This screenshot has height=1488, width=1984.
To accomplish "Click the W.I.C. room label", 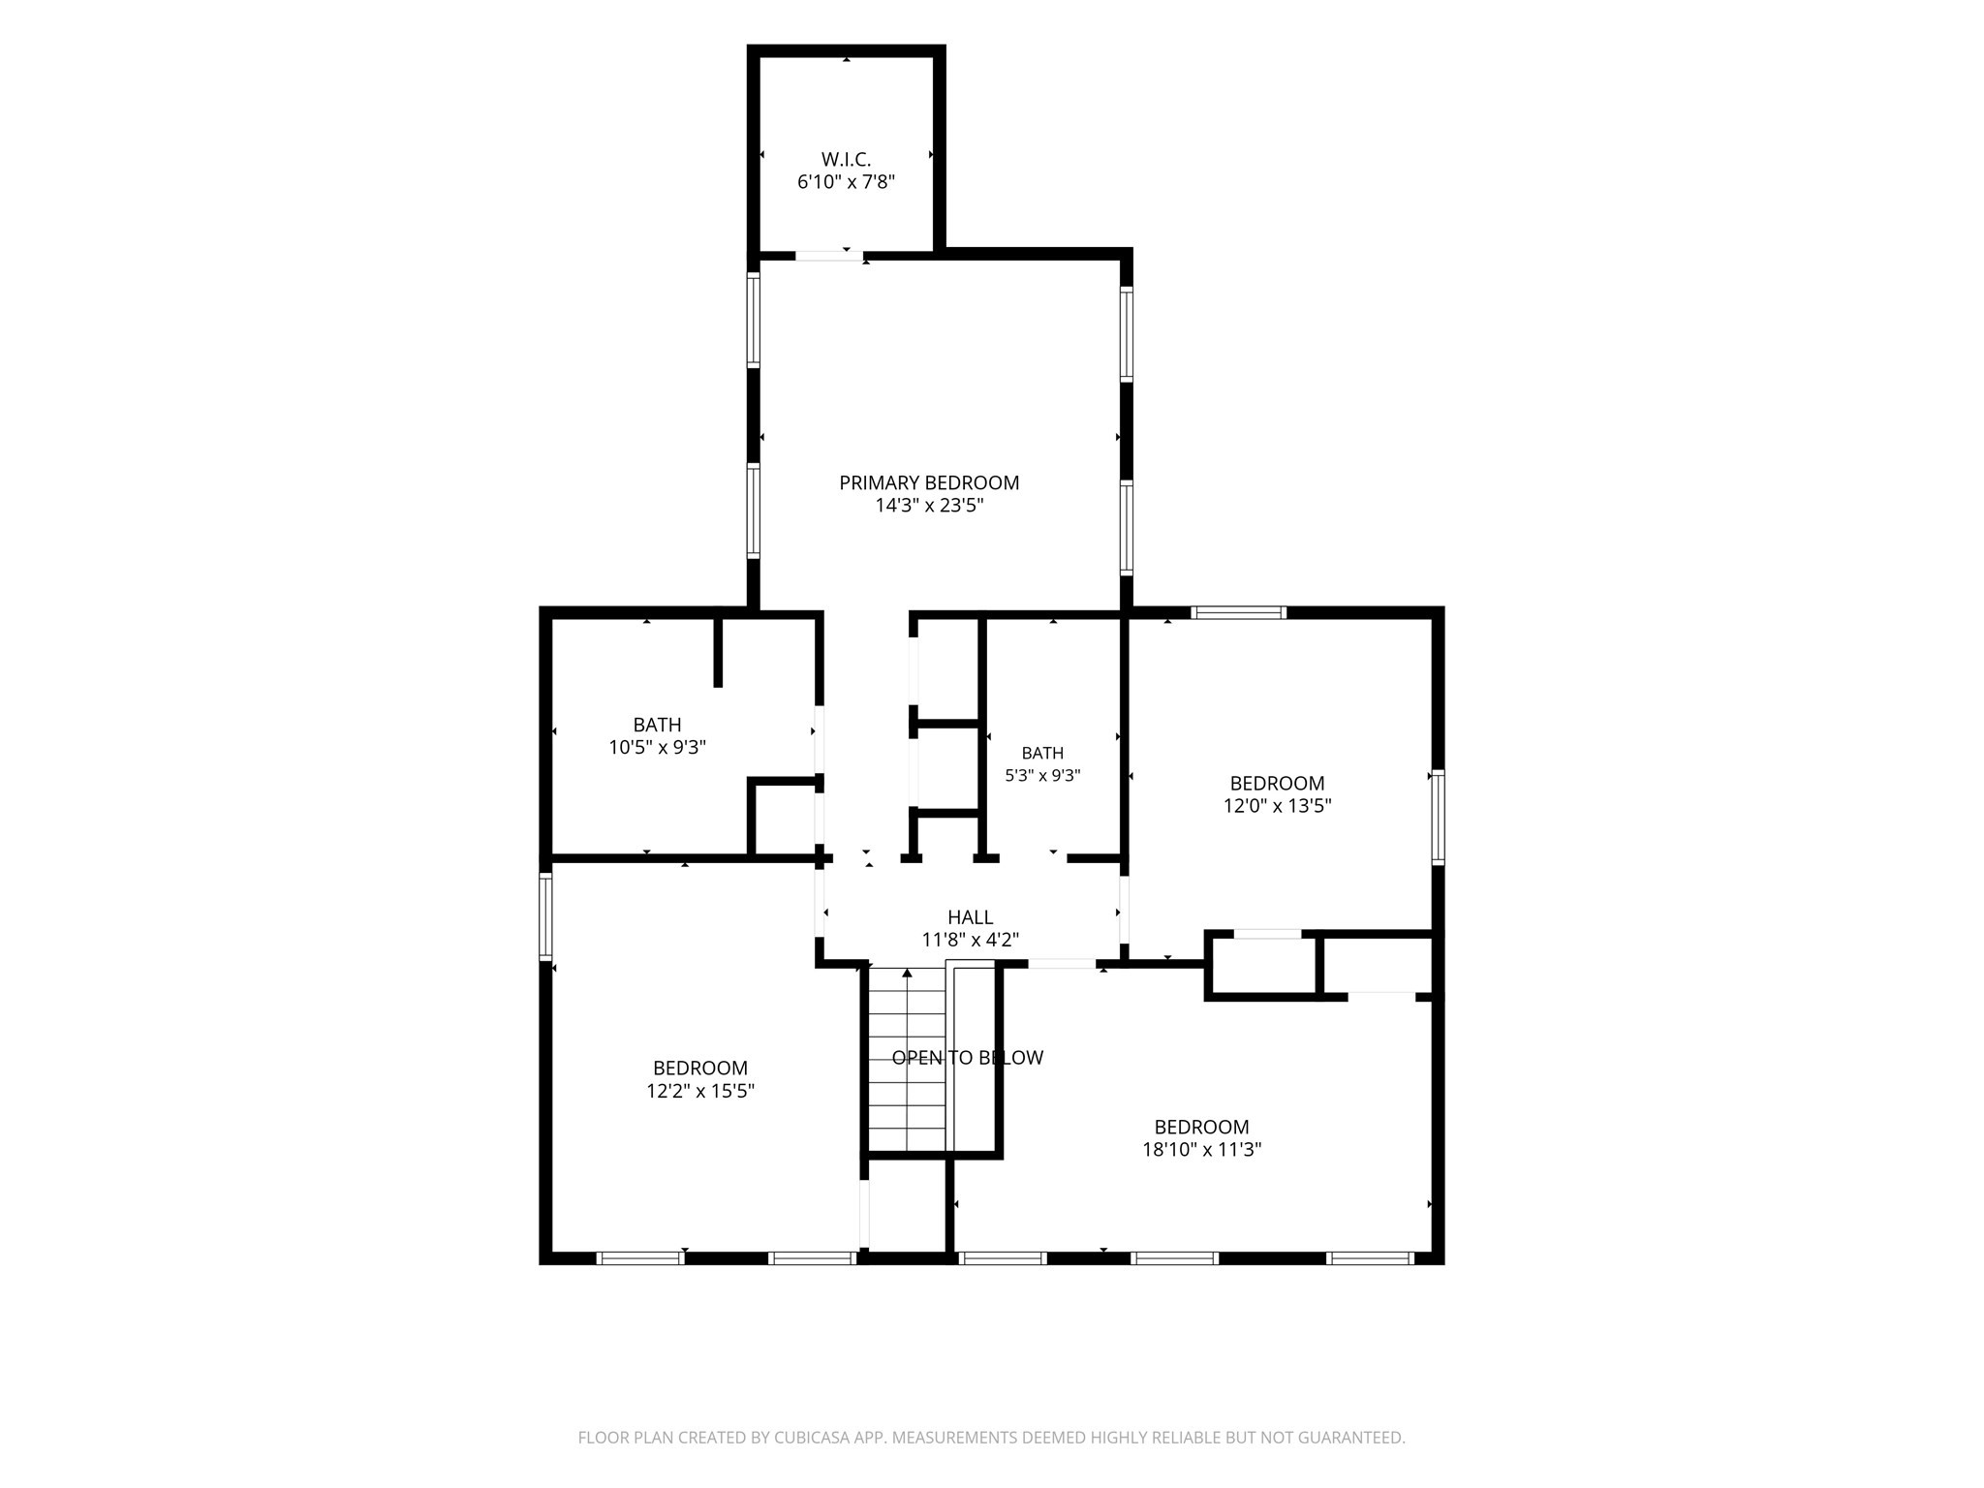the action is click(x=846, y=160).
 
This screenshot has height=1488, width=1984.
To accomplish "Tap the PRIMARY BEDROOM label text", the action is click(x=929, y=482).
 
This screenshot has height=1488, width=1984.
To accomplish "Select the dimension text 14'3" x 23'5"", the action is click(x=929, y=506).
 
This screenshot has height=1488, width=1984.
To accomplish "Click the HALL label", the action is click(x=970, y=917).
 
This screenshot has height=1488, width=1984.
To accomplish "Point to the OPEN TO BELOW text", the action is click(x=968, y=1058).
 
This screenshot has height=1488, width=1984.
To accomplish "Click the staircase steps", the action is click(x=906, y=1060).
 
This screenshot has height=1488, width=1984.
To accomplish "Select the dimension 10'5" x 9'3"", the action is click(x=657, y=748).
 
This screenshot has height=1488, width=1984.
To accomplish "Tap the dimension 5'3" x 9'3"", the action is click(x=1042, y=776).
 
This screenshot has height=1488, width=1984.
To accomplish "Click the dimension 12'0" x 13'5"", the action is click(x=1277, y=806).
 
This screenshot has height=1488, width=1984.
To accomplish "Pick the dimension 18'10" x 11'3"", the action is click(x=1201, y=1150).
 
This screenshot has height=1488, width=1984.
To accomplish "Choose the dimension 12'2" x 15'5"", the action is click(x=700, y=1091).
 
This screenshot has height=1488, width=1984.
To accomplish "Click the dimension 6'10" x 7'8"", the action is click(x=846, y=182).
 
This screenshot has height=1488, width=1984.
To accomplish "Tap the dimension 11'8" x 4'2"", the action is click(x=970, y=940).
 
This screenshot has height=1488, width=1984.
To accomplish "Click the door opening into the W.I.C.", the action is click(x=829, y=256).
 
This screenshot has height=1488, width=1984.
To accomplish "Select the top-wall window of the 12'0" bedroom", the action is click(x=1238, y=612).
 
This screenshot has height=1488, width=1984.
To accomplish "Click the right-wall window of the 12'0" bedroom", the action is click(x=1438, y=817).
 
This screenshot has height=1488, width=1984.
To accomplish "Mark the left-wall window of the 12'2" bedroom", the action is click(x=545, y=915).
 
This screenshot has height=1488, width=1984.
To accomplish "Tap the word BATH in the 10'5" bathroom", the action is click(x=657, y=725).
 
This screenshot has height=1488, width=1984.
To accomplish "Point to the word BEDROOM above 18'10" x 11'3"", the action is click(x=1201, y=1127).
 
